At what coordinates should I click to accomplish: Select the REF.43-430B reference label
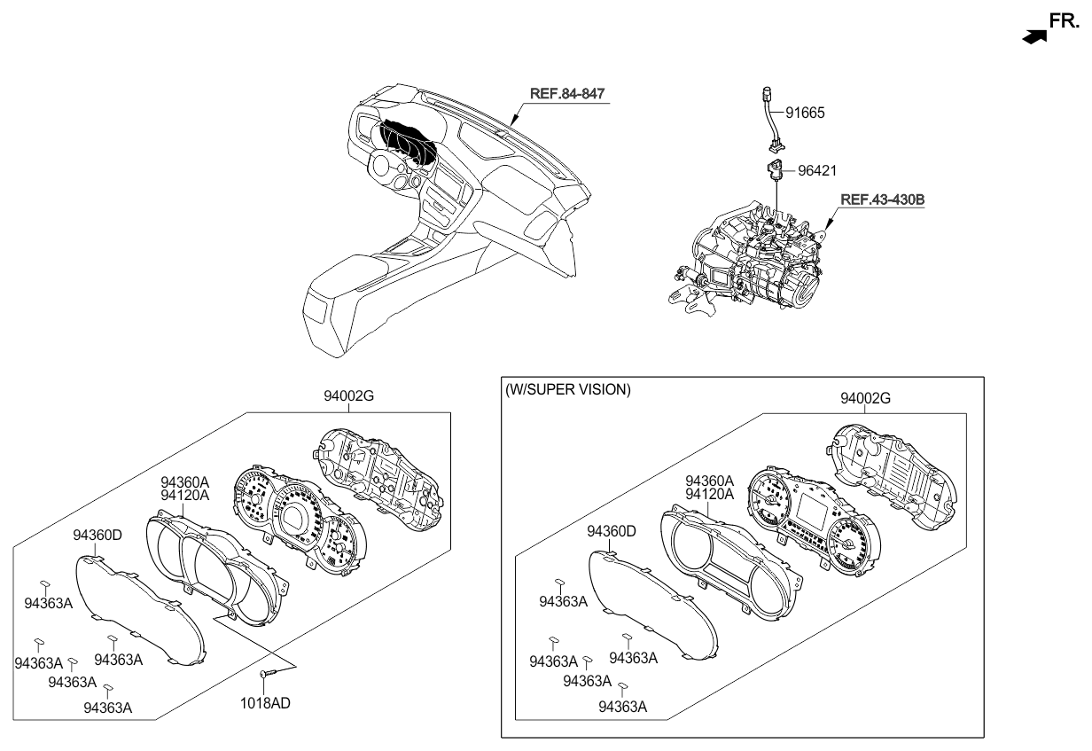coord(882,200)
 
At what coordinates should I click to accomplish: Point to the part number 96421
coord(816,169)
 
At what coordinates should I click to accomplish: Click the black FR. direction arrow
coord(1033,35)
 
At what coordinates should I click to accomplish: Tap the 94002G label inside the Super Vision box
coord(866,399)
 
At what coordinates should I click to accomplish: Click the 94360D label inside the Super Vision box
coord(612,531)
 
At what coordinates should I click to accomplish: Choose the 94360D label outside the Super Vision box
coord(97,535)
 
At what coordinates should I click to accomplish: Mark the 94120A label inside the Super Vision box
coord(710,494)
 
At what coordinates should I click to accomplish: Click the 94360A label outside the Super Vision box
coord(184,483)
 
